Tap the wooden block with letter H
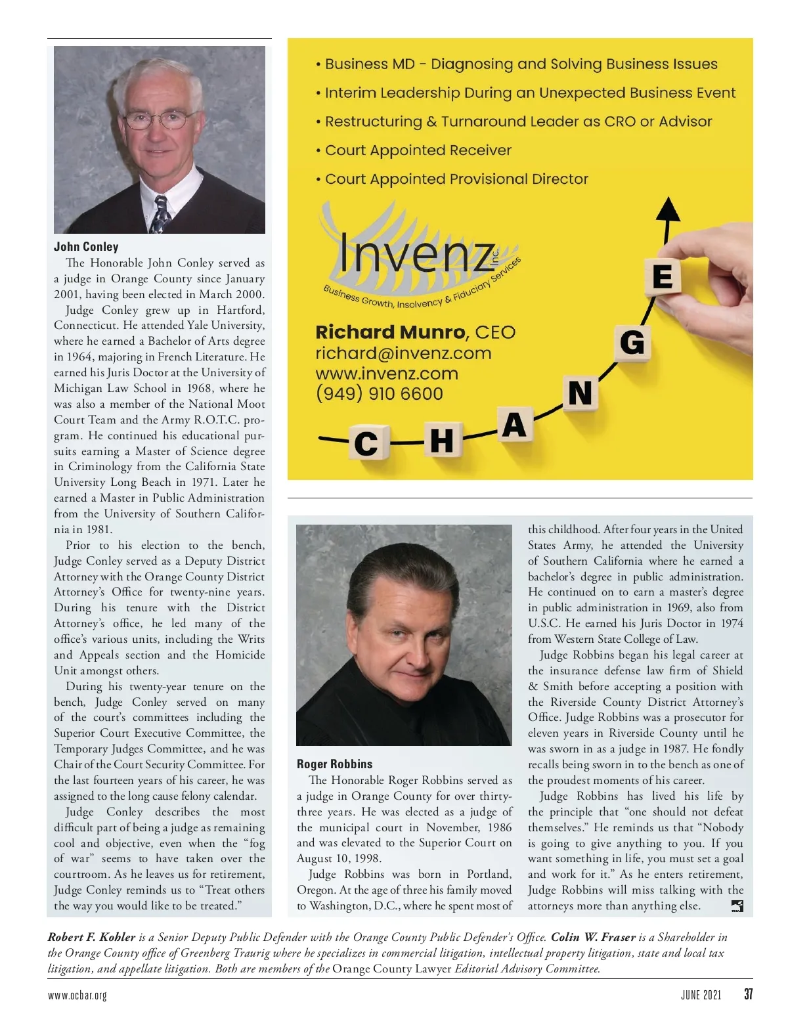tap(441, 439)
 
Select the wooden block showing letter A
tap(514, 425)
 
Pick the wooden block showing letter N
tap(580, 393)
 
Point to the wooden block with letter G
tap(632, 342)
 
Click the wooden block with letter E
tap(662, 276)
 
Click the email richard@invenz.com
tap(403, 353)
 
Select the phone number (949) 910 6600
tap(380, 393)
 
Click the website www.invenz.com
tap(387, 374)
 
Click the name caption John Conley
tap(86, 247)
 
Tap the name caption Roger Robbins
tap(334, 764)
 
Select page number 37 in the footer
tap(748, 994)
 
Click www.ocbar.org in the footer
tap(77, 995)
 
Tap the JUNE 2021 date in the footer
tap(701, 995)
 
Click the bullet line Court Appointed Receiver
tap(418, 150)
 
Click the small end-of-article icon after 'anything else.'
tap(737, 907)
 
